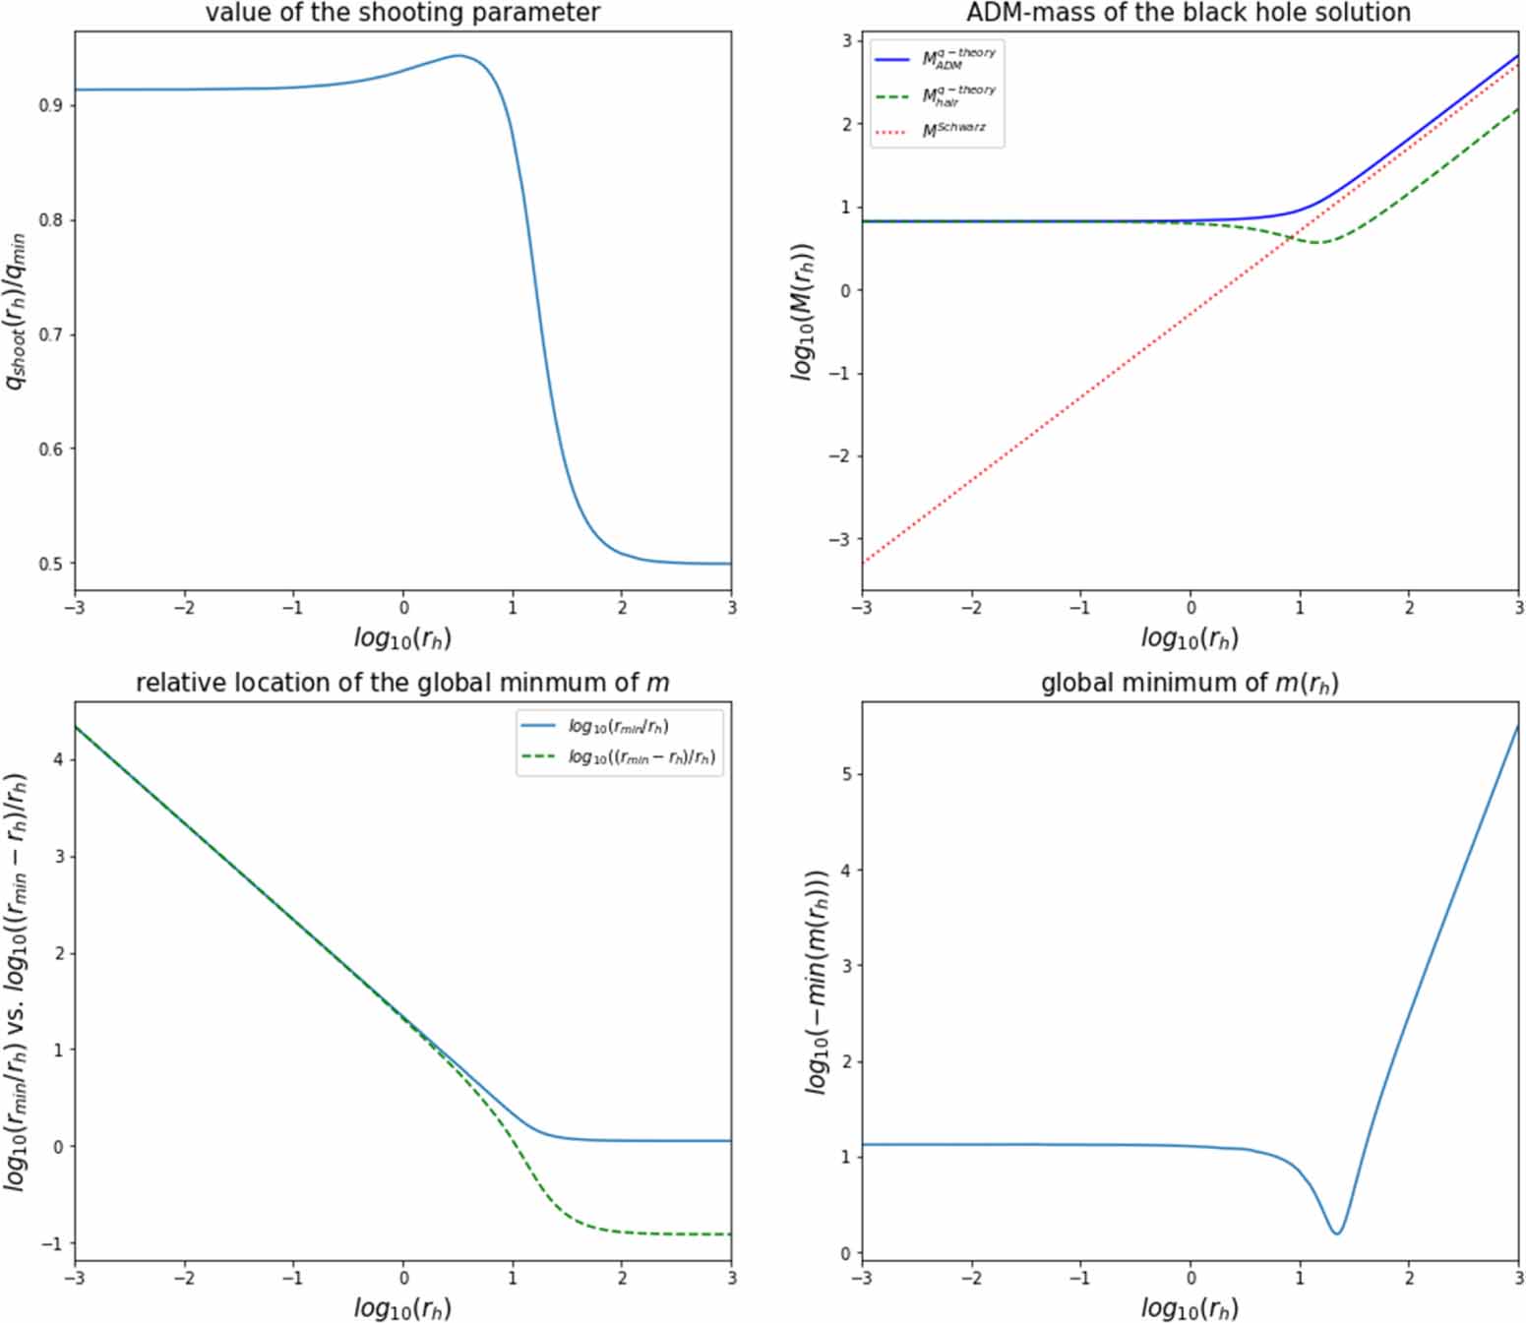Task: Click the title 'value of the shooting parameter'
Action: (402, 13)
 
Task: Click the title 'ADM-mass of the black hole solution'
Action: (1189, 13)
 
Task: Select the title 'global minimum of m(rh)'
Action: (1189, 683)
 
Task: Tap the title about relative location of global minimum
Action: (402, 683)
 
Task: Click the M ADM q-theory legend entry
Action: (936, 59)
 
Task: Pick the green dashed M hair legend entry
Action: (936, 95)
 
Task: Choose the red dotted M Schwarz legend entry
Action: (936, 131)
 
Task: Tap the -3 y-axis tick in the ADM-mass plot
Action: (838, 540)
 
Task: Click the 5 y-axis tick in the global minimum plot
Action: (845, 774)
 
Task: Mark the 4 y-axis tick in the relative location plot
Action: (59, 759)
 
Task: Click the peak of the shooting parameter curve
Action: (458, 56)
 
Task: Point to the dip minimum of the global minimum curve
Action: (1336, 1233)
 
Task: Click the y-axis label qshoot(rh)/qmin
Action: (17, 311)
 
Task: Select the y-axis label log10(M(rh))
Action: (804, 311)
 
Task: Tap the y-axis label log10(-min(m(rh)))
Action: (817, 981)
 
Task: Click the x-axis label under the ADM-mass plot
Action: (1189, 638)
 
